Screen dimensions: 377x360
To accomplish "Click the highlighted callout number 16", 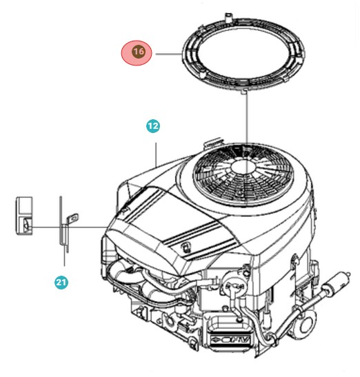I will [139, 53].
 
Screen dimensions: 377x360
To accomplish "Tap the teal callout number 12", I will [152, 126].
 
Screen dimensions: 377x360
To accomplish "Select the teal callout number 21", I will [61, 281].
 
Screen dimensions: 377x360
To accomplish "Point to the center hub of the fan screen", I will [243, 166].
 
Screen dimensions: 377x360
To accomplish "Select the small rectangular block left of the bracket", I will [23, 216].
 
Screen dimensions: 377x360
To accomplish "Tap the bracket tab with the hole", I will [68, 220].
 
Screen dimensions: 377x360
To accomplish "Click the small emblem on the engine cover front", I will [184, 245].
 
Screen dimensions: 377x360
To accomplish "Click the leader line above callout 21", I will [65, 258].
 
